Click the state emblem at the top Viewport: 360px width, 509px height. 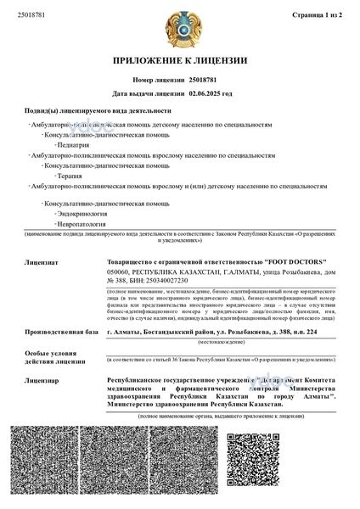pos(180,25)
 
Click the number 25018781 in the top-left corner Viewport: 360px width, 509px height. pos(32,14)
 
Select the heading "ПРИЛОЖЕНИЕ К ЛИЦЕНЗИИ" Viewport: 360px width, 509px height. pos(180,61)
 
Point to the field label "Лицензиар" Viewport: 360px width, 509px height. pos(45,381)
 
